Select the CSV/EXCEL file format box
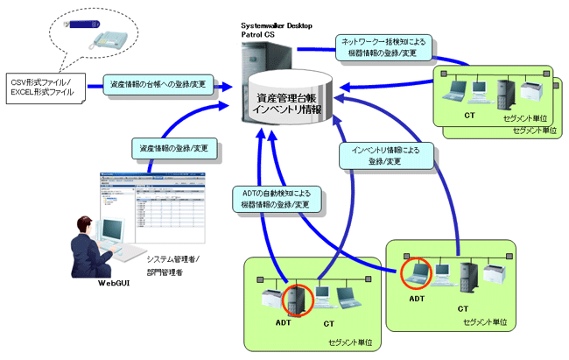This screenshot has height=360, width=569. (46, 85)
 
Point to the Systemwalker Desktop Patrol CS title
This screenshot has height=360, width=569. (277, 30)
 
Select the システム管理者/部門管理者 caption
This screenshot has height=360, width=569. (172, 265)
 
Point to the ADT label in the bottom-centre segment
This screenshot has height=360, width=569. (282, 324)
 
